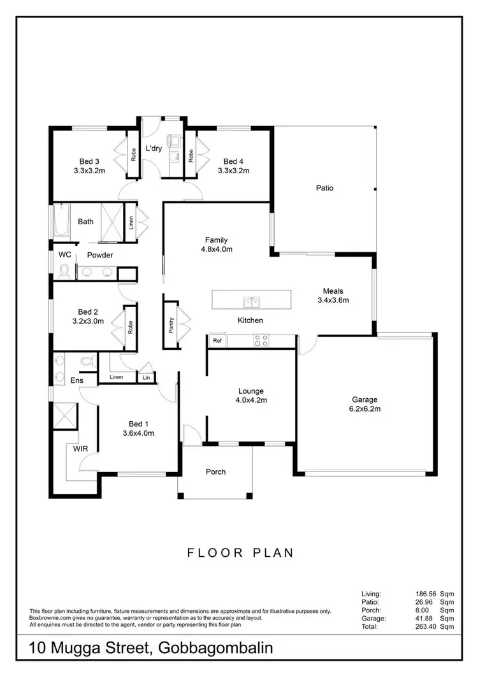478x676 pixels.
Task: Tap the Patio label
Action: (x=324, y=188)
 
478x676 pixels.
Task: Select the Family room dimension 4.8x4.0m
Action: (x=216, y=249)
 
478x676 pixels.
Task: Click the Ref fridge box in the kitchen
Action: (x=217, y=342)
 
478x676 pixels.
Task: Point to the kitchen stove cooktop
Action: (x=260, y=341)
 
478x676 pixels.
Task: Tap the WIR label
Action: (x=80, y=449)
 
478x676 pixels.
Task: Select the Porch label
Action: (x=216, y=472)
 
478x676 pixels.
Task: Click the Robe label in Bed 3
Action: (x=134, y=154)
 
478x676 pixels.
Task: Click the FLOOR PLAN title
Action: (x=240, y=552)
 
